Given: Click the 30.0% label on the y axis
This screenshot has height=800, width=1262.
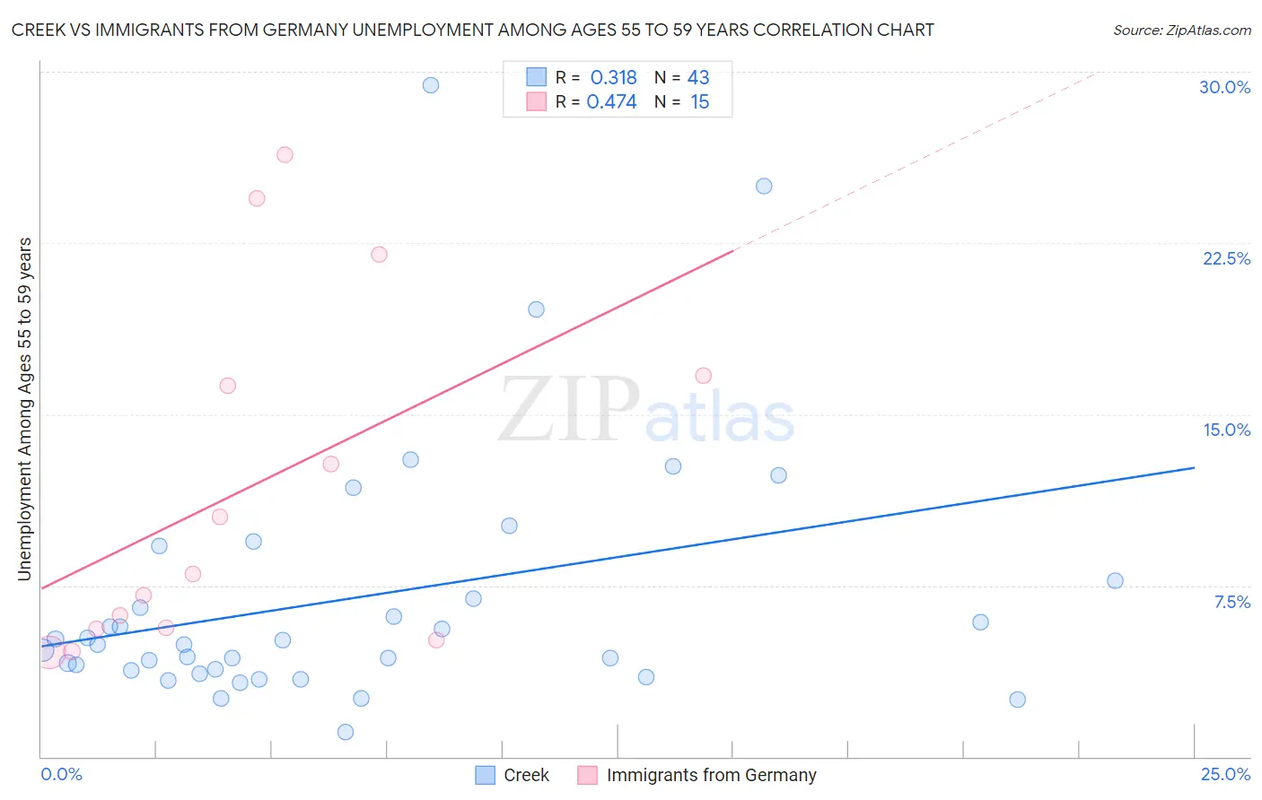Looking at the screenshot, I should point(1224,87).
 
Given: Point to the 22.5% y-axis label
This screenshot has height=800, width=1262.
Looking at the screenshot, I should point(1226,258).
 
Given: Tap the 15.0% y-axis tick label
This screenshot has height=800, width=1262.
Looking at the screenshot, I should point(1226,430).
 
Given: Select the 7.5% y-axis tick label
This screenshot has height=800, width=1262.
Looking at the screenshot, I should point(1231,602).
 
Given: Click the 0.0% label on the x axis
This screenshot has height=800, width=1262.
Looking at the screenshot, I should point(61,774).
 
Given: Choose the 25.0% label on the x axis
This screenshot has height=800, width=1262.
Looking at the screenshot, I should point(1225,774).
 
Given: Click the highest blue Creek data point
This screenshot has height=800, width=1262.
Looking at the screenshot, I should point(431,85).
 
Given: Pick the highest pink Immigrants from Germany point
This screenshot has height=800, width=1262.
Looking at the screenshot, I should point(285,154).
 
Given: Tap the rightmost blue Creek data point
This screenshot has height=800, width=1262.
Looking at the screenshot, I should point(1115,580).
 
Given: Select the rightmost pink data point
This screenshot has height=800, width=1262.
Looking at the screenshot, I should point(704,376).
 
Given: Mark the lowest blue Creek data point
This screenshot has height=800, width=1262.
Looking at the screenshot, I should point(346,732).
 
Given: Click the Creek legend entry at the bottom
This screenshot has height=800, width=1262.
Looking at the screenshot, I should point(526,775).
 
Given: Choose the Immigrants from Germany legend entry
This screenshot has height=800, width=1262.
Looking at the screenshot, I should point(711,775).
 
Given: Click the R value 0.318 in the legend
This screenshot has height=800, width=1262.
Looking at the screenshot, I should point(613,78).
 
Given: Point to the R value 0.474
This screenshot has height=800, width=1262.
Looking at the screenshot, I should point(611,102).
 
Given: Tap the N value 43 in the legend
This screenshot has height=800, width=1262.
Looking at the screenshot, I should point(698,78).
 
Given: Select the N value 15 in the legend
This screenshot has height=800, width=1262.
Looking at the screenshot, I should point(700,102).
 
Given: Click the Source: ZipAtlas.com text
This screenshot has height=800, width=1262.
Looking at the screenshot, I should point(1181,30).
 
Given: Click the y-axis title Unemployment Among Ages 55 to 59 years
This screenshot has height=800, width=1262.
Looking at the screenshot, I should point(25,409).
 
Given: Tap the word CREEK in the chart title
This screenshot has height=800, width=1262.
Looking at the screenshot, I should point(39,30).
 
